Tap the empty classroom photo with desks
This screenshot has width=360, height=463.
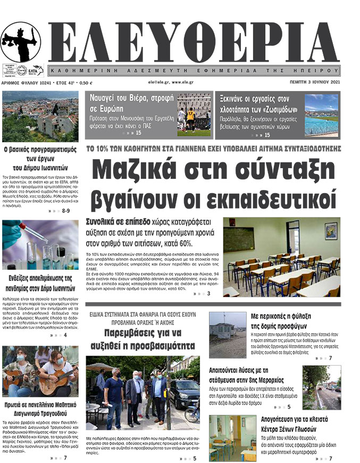pos(281,257)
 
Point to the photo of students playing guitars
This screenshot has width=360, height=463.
pos(40,371)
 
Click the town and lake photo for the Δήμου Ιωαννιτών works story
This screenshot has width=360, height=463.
pos(40,115)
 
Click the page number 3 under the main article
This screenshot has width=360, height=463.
pos(208,294)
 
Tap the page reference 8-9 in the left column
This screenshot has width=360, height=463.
pos(66,211)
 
